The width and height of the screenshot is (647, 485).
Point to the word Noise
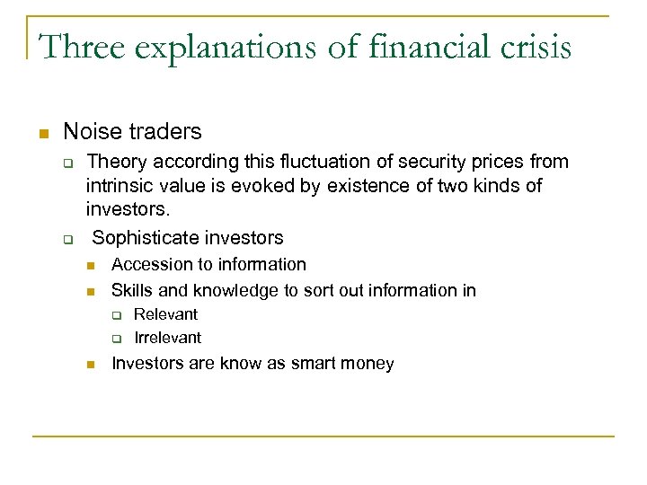[x=93, y=132]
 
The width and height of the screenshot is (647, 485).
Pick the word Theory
[x=116, y=162]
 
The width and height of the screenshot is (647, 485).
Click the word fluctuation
[x=321, y=162]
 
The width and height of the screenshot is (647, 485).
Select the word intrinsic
[x=119, y=185]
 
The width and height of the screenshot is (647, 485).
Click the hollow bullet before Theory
[x=66, y=163]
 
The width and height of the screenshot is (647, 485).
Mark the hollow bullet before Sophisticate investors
[x=66, y=240]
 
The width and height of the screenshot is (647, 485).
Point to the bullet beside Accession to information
[x=91, y=266]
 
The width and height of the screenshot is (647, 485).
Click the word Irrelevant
[x=167, y=338]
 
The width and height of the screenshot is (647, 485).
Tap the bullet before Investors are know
[x=91, y=365]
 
